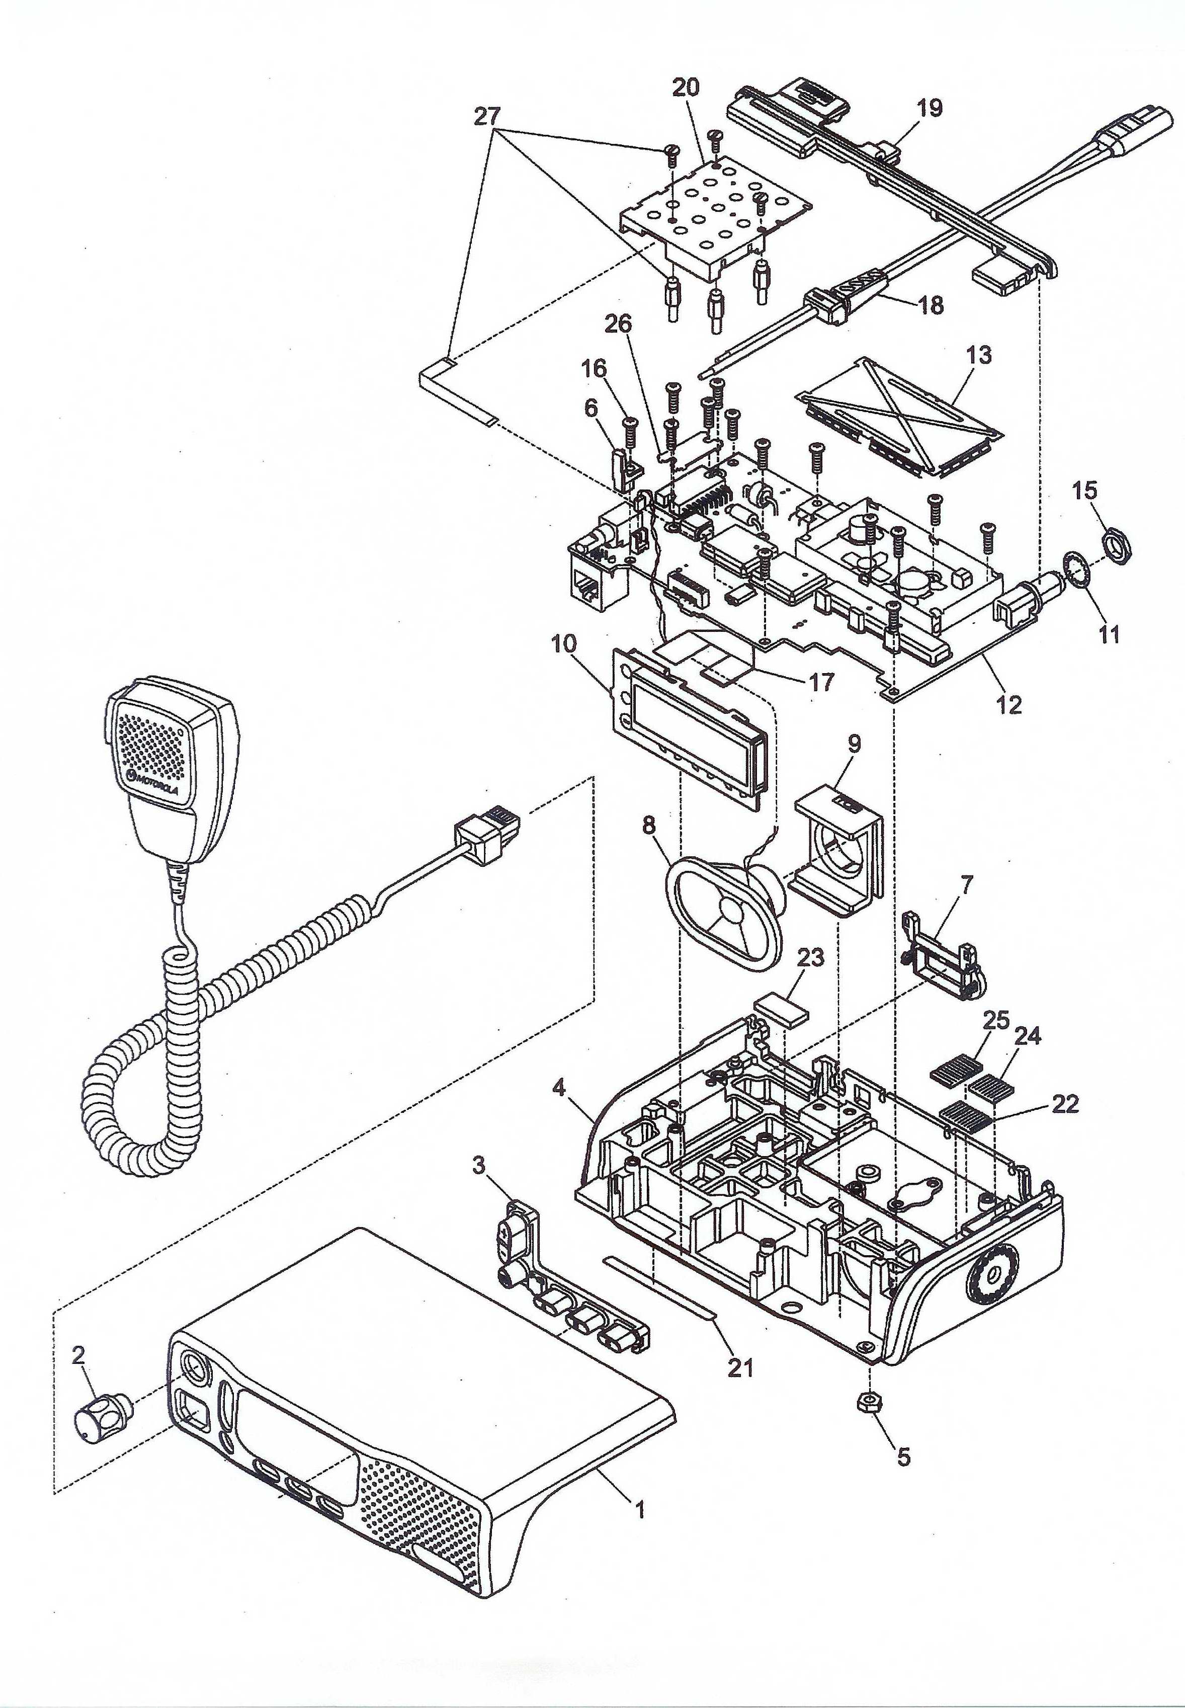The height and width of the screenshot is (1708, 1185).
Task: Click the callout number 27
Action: pos(488,117)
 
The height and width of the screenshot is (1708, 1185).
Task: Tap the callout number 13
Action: pos(979,356)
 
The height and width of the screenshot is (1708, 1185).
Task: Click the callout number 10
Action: pos(563,644)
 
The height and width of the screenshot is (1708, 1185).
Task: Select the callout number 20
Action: pos(686,87)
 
